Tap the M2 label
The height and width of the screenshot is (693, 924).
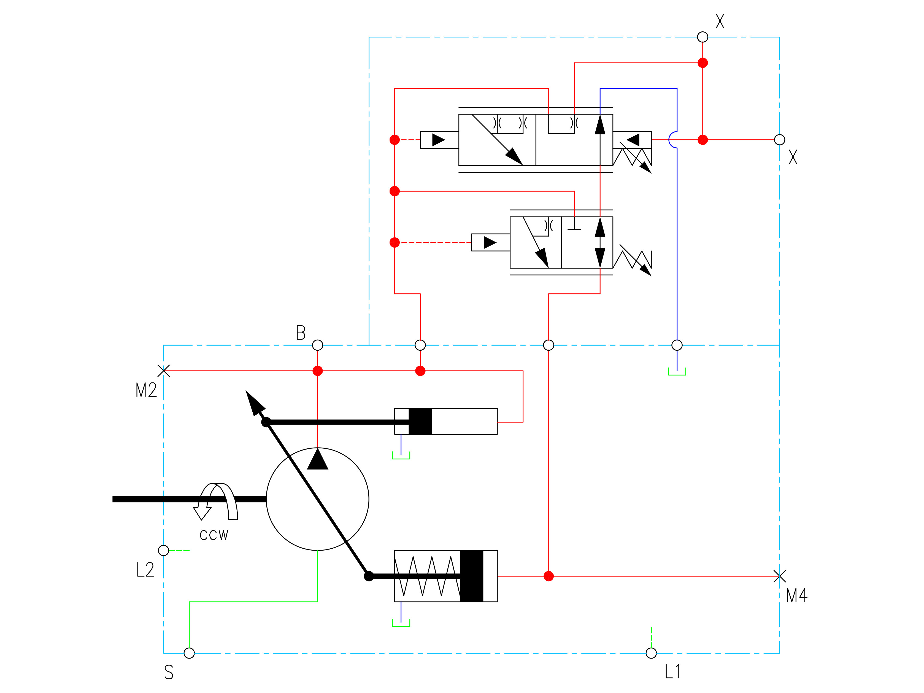[146, 390]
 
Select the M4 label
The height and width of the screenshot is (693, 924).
[797, 595]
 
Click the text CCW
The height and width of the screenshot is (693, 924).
[214, 535]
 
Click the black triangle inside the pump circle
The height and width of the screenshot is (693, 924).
[317, 459]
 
